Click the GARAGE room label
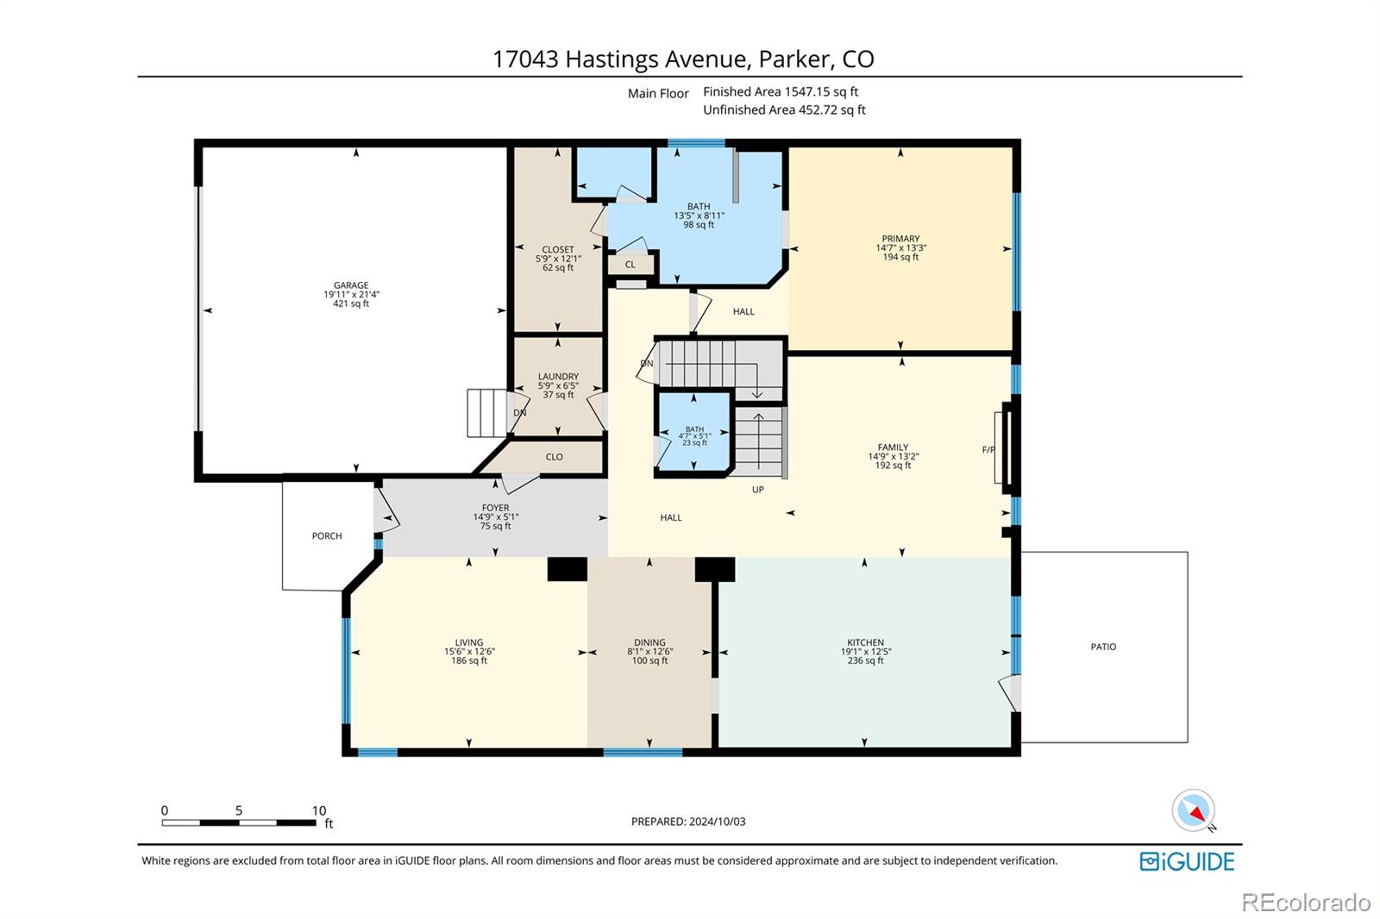pos(351,285)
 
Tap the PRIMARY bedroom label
pos(900,239)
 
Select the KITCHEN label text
pos(866,642)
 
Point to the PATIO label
pos(1103,647)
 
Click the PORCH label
pos(327,536)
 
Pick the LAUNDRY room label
pos(558,377)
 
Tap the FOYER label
pos(495,508)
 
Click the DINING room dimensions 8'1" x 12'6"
pos(650,652)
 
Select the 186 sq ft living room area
pos(469,661)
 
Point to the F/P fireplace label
pos(988,450)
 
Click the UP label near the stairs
pos(758,490)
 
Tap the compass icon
pos(1194,810)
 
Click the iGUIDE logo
pos(1187,861)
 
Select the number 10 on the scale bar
pos(318,810)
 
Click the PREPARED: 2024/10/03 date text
pos(688,821)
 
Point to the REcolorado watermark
pos(1306,903)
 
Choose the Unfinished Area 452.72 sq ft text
pos(784,109)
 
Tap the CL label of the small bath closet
pos(630,265)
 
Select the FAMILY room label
pos(893,447)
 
